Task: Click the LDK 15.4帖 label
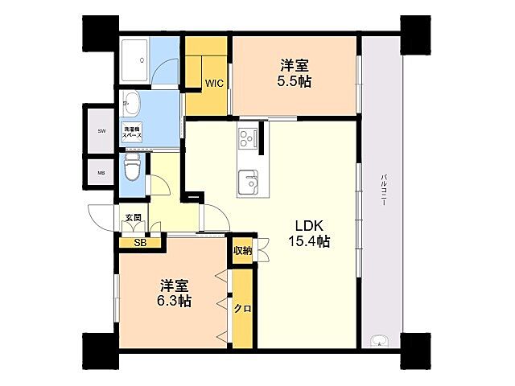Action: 310,232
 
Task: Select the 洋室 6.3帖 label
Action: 175,294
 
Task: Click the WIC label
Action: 213,83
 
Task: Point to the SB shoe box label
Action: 140,243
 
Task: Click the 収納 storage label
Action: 242,251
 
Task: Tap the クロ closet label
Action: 242,309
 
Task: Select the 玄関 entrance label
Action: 133,218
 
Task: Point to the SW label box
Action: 102,130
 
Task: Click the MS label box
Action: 102,172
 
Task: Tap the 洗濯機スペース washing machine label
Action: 132,133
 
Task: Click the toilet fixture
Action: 133,168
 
